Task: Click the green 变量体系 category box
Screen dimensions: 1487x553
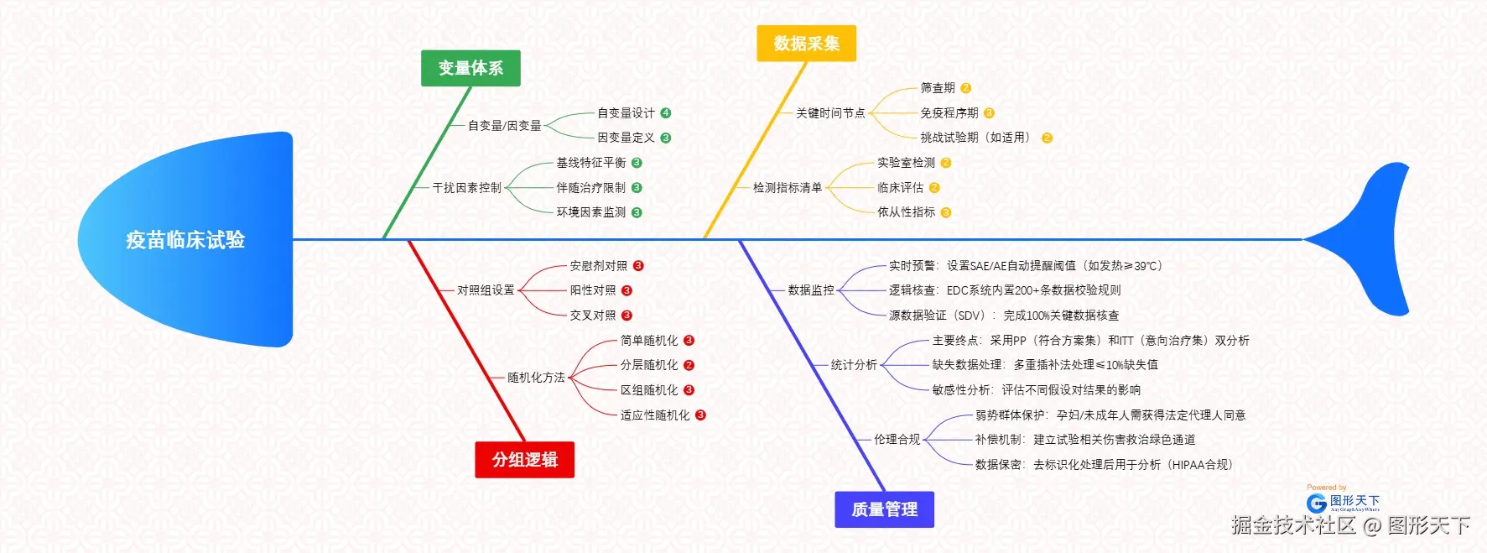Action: [x=471, y=68]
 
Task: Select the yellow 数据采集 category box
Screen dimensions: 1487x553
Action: [x=806, y=44]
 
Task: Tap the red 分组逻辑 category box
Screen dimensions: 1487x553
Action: [x=524, y=460]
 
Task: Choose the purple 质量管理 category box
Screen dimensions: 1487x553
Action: [x=884, y=509]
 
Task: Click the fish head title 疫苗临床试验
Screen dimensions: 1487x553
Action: [x=185, y=240]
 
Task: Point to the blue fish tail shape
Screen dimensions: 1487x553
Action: [x=1375, y=239]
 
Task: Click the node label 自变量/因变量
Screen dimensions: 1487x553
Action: [x=504, y=126]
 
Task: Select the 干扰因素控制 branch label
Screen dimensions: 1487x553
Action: [x=466, y=188]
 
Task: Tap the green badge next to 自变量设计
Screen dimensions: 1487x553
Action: [x=666, y=113]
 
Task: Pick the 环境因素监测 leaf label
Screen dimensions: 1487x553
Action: [x=590, y=212]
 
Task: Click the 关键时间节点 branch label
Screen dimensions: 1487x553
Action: [x=829, y=113]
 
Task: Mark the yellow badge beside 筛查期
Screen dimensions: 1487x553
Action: [x=965, y=88]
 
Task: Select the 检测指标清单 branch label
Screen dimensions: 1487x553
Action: [x=787, y=188]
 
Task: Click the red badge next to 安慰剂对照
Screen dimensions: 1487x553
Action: [x=638, y=266]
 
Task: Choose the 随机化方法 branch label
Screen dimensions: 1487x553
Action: [x=536, y=378]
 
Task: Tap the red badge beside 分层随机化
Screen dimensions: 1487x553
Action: [x=689, y=365]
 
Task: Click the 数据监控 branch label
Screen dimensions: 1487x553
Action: [x=811, y=290]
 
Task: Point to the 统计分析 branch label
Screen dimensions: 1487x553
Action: [x=854, y=365]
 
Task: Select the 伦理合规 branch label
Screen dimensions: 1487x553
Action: [x=897, y=440]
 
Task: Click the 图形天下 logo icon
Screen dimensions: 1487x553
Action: [x=1317, y=503]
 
